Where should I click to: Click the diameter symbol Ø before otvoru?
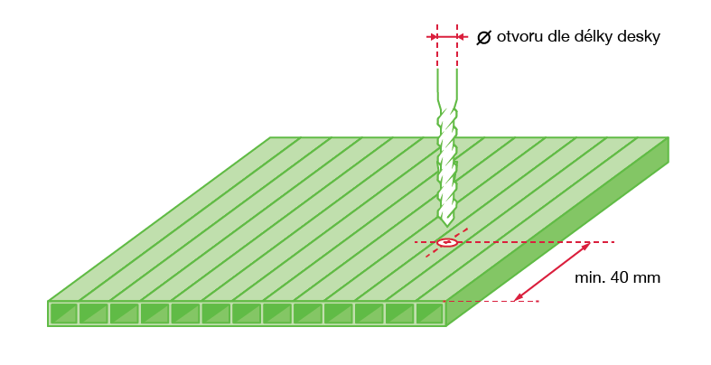(484, 37)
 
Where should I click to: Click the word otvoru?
(519, 37)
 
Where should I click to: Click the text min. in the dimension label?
(589, 277)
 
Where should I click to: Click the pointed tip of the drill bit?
(447, 225)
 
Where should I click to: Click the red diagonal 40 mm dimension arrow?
(552, 272)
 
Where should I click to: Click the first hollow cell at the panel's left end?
(63, 314)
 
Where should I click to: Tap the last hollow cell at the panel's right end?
(429, 314)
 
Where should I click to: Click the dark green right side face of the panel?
(557, 232)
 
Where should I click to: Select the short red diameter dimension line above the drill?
(447, 37)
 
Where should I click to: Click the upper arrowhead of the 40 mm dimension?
(585, 247)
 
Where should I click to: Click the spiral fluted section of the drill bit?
(446, 165)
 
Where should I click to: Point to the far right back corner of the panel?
(669, 137)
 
